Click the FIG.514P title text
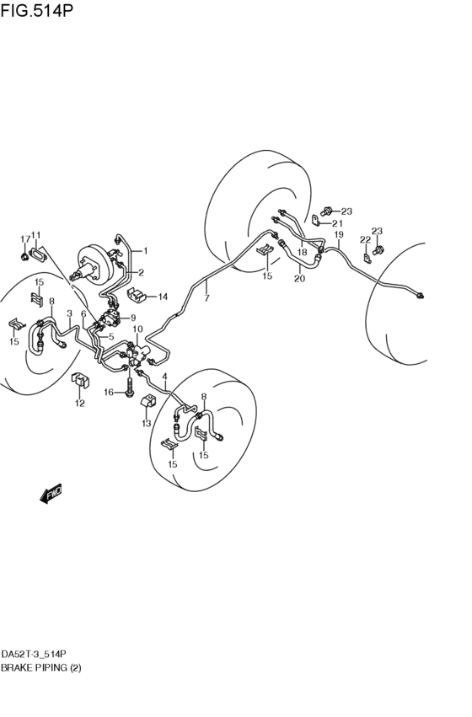(x=36, y=9)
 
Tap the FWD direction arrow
(x=51, y=494)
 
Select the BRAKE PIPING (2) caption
(x=41, y=667)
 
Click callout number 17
(x=24, y=238)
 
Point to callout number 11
(x=35, y=235)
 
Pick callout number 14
(x=163, y=297)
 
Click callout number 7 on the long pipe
(x=206, y=298)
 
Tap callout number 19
(x=339, y=235)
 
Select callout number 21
(x=337, y=223)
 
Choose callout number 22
(x=365, y=239)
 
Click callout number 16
(x=109, y=392)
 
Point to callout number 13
(x=147, y=424)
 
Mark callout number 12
(x=80, y=404)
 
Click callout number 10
(x=137, y=329)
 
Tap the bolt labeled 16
(x=130, y=386)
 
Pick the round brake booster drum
(x=94, y=265)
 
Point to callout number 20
(x=299, y=278)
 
